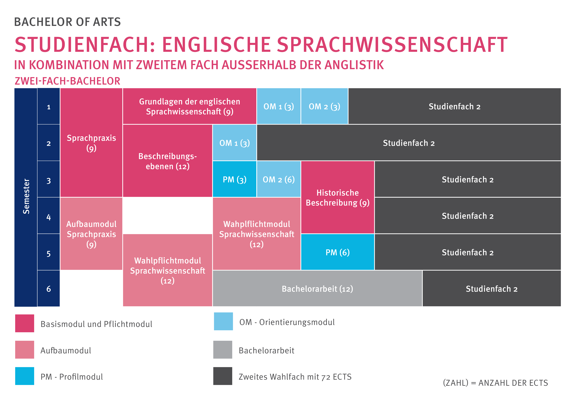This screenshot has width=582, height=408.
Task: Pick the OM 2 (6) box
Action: point(279,179)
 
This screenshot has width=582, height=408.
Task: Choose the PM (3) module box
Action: point(234,179)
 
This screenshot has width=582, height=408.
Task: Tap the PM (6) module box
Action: point(337,252)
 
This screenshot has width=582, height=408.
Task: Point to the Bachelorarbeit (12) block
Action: point(317,288)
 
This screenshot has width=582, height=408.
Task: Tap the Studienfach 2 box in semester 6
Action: point(491,288)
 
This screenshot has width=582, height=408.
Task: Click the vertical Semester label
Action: point(26,196)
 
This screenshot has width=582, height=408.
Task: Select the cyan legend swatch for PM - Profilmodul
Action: point(25,376)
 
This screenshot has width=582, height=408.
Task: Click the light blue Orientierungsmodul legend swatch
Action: point(223,321)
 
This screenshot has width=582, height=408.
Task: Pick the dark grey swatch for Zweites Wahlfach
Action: point(223,376)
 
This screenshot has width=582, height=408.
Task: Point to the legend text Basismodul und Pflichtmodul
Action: point(96,324)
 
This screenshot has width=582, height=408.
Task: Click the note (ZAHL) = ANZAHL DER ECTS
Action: point(495,383)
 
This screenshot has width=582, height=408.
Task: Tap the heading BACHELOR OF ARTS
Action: point(67,22)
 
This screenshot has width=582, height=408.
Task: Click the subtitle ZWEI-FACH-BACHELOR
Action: point(67,81)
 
